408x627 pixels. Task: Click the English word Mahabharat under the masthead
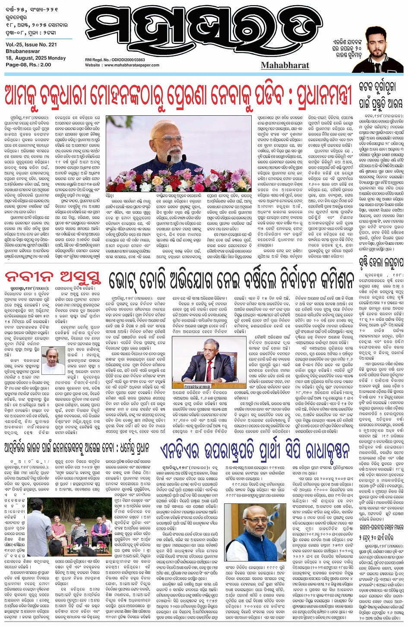pyautogui.click(x=285, y=66)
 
